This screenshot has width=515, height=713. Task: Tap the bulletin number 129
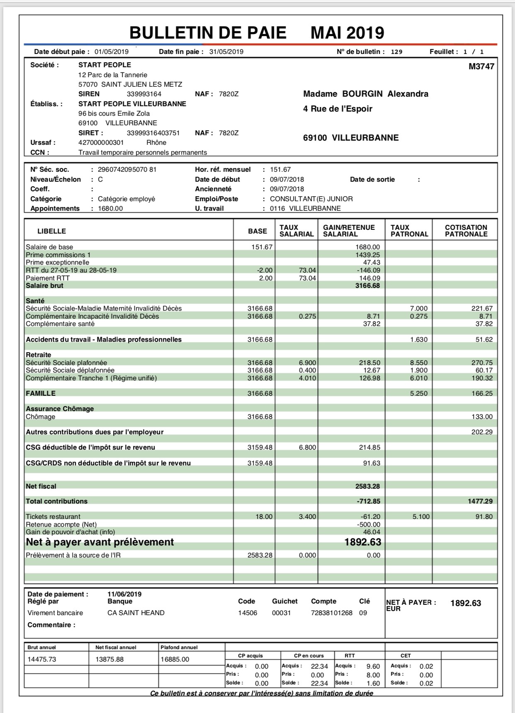click(x=396, y=52)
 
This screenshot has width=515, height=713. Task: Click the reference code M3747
click(x=481, y=66)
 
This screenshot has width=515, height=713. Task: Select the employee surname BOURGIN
click(x=362, y=94)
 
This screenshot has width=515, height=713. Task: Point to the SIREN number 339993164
click(x=144, y=94)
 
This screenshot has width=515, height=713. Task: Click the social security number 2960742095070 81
click(x=127, y=170)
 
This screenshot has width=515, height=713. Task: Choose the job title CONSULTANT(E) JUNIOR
click(x=311, y=199)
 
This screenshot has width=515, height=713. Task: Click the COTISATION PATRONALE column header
click(x=466, y=231)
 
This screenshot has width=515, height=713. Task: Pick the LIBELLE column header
click(x=52, y=231)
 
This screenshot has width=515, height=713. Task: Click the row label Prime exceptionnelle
click(x=57, y=263)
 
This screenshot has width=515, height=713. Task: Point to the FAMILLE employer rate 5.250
click(x=418, y=394)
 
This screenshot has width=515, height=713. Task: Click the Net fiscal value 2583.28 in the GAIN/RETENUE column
click(x=367, y=486)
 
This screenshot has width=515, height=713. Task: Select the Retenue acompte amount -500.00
click(x=369, y=524)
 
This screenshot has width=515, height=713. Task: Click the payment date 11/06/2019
click(x=124, y=594)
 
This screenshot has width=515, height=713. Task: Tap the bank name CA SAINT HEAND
click(x=136, y=613)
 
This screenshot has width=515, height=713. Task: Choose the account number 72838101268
click(x=331, y=613)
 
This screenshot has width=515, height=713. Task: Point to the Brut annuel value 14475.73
click(x=42, y=659)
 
